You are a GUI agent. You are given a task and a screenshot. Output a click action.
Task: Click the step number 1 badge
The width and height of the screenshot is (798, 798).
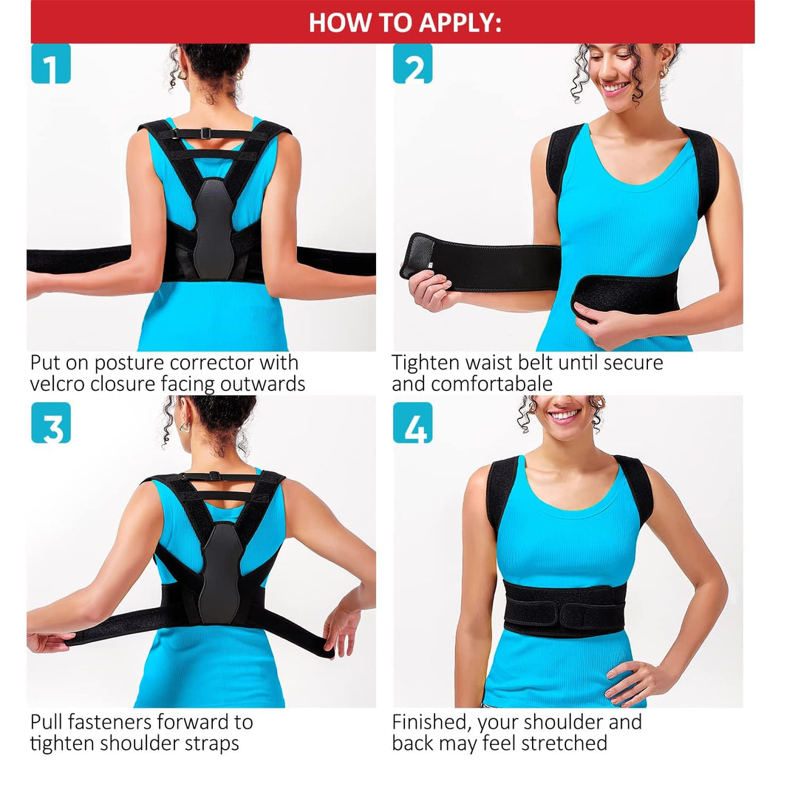pos(51,64)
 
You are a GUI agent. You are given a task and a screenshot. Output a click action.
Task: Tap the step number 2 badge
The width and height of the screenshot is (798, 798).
pos(413,64)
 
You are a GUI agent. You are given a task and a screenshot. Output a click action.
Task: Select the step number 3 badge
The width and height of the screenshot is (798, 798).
pos(51,423)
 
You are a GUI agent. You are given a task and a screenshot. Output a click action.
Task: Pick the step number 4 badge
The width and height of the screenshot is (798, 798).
pos(413,423)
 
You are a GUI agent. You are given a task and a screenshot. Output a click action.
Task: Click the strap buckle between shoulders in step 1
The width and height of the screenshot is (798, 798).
pos(205,133)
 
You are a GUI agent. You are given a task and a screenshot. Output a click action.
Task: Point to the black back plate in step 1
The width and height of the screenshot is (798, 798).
pos(215,228)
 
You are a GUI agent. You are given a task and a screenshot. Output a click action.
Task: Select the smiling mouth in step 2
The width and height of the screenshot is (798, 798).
pos(614,87)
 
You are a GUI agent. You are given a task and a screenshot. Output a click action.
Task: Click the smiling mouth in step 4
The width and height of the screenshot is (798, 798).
pos(564,416)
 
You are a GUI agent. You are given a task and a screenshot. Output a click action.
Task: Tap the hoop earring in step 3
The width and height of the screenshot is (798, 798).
pos(184,426)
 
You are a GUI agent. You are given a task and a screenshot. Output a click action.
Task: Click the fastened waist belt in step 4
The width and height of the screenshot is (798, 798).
pos(565,608)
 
